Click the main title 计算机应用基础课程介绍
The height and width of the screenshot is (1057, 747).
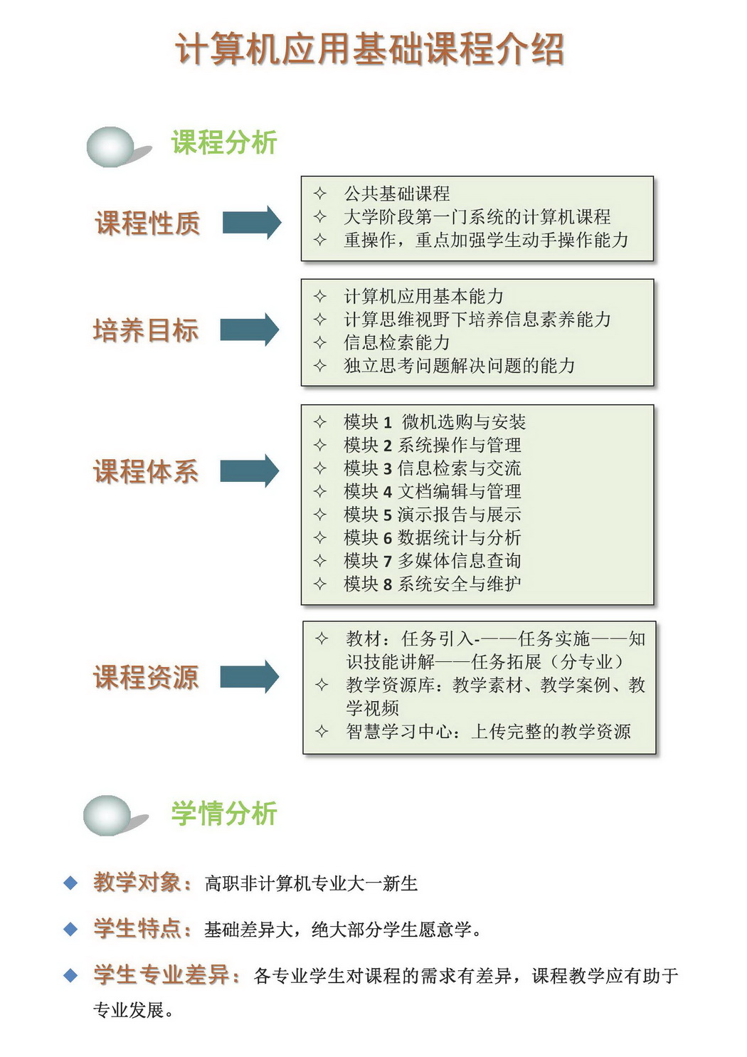tap(370, 48)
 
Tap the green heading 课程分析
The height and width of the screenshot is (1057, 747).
tap(224, 142)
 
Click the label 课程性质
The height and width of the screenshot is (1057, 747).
tap(147, 223)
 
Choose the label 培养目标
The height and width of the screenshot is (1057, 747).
tap(146, 330)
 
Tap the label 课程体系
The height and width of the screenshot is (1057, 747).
tap(146, 471)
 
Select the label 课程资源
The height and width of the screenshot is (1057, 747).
tap(146, 677)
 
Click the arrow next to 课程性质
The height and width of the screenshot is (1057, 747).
tap(252, 222)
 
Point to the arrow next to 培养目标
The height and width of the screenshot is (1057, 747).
tap(250, 330)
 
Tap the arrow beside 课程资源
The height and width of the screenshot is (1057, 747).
tap(250, 677)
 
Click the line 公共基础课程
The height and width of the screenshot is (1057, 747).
tap(396, 194)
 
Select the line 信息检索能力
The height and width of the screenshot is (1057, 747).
tap(396, 342)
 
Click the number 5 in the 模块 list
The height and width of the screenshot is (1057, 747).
tap(387, 515)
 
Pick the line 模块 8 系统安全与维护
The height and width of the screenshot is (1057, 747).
tap(433, 584)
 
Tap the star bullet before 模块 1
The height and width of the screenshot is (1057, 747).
tap(319, 422)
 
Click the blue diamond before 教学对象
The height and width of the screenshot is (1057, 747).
tap(70, 883)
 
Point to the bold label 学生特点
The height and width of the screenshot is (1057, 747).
tap(142, 929)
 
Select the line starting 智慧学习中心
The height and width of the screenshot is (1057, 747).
tap(488, 732)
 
